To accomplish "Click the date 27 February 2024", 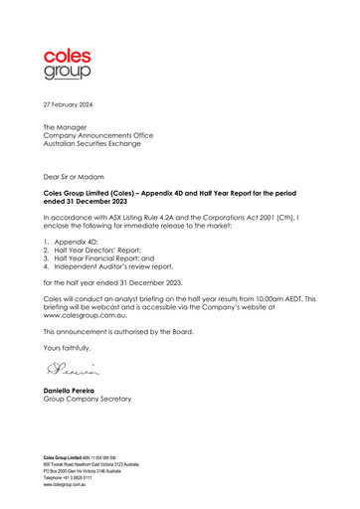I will pyautogui.click(x=72, y=103).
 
